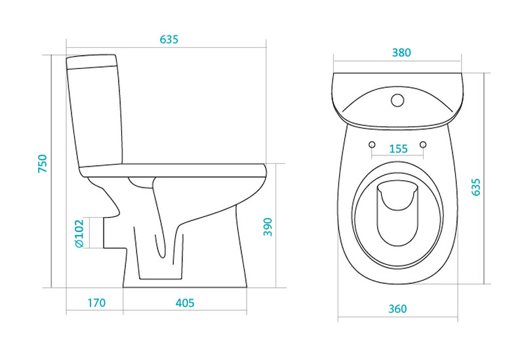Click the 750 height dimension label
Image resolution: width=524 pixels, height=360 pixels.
43,163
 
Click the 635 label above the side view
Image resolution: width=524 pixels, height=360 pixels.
169,39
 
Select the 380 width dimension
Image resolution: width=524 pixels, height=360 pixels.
401,53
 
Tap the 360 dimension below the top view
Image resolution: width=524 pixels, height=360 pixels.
397,309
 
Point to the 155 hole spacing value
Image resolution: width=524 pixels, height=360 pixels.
398,149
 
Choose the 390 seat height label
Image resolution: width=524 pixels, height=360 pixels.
268,227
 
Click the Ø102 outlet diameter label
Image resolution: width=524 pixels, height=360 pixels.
79,233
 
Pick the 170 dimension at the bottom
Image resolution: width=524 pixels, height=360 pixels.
96,303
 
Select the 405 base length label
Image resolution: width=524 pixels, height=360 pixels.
185,303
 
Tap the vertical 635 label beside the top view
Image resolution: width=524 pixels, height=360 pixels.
476,187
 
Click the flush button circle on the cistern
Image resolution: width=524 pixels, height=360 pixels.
397,100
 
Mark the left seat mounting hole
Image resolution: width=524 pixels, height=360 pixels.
372,144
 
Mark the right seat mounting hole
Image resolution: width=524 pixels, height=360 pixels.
423,144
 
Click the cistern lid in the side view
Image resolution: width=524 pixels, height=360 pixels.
92,62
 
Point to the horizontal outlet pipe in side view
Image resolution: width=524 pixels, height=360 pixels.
114,233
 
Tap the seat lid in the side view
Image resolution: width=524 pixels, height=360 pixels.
173,170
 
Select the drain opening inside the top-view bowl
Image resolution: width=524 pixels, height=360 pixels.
397,214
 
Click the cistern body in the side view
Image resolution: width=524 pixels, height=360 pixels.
96,115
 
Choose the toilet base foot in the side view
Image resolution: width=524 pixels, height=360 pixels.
185,283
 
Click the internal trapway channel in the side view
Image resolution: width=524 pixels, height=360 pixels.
161,217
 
